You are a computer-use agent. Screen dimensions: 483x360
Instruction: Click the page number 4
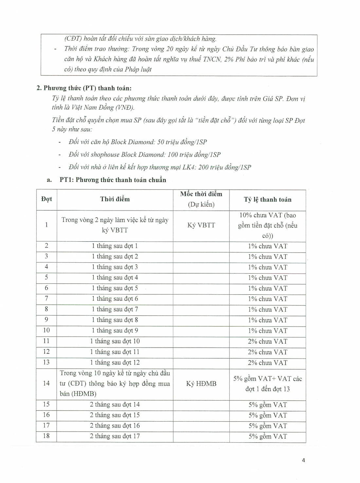point(303,460)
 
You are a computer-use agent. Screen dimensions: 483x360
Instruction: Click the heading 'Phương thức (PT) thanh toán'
point(87,88)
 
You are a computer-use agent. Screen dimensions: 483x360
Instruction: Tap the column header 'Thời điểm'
point(115,199)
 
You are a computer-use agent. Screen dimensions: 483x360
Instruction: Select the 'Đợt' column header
point(46,199)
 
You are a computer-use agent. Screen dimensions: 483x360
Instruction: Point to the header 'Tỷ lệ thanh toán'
point(267,199)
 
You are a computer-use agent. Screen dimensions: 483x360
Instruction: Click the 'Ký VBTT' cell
point(201,225)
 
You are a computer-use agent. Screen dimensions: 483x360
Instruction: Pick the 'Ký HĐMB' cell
point(201,383)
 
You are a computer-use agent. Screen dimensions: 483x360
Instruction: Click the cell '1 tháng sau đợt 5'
point(115,288)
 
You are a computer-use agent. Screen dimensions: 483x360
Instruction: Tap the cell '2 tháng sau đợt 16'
point(115,425)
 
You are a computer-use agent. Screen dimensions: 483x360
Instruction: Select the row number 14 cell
point(46,383)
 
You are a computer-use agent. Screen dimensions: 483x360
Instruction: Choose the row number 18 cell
point(46,436)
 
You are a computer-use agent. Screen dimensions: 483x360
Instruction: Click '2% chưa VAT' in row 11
point(267,341)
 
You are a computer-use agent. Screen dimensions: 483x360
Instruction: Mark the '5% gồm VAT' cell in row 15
point(267,405)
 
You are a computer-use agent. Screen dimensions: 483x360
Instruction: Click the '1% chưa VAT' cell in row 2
point(267,246)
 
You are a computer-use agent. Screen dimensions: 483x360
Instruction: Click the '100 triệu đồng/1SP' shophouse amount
point(194,155)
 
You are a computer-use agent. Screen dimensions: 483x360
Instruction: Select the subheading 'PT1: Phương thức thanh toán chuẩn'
point(113,180)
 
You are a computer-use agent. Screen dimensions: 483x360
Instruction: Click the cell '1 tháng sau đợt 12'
point(115,362)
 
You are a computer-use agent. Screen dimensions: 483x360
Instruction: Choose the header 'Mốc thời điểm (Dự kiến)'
point(201,199)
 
